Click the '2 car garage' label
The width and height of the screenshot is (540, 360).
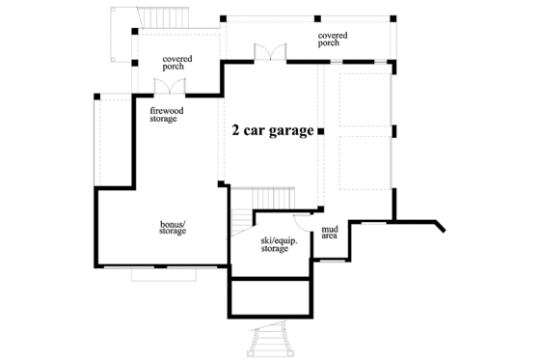273,131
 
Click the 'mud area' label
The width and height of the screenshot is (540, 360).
329,233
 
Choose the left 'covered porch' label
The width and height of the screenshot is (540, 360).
176,62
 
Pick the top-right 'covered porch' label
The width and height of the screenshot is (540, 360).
332,39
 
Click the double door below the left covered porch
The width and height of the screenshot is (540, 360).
171,88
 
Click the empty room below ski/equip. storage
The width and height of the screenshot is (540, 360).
273,296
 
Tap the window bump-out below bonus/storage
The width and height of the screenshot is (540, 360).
165,274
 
